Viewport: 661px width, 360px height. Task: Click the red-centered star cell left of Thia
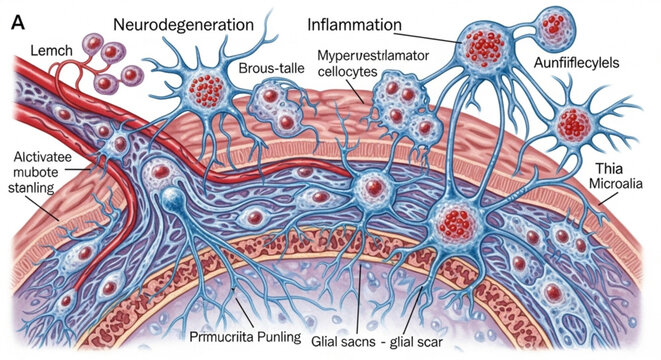[573, 123]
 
